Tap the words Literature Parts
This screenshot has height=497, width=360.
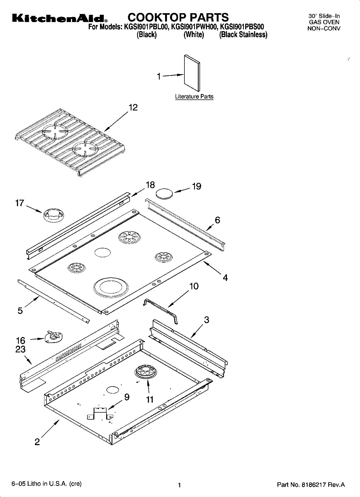[194, 96]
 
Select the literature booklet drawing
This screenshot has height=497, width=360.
[192, 73]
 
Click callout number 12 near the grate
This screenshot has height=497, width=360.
[133, 108]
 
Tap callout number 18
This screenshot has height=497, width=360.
[150, 185]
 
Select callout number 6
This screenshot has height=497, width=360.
[217, 220]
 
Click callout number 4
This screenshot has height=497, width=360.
[225, 277]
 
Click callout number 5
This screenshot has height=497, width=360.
[20, 311]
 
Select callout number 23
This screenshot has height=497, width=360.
[20, 349]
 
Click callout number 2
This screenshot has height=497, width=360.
[37, 442]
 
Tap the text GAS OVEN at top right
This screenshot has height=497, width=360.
[324, 22]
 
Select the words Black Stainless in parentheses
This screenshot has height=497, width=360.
[243, 35]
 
